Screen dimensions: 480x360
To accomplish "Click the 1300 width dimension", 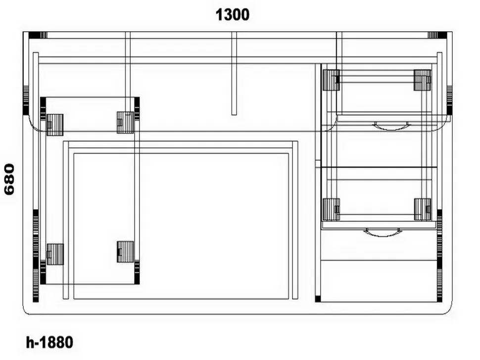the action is pyautogui.click(x=233, y=15).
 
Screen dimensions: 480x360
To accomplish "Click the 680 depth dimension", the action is pyautogui.click(x=9, y=179).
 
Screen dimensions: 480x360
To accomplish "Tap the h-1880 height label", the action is pyautogui.click(x=49, y=343).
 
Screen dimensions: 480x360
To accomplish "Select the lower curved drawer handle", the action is pyautogui.click(x=382, y=233).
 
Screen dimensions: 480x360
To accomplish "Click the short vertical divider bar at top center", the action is pyautogui.click(x=234, y=73).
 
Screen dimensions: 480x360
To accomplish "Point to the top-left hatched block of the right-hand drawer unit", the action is pyautogui.click(x=331, y=80).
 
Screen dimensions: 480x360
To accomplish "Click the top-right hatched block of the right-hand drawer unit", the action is pyautogui.click(x=423, y=80).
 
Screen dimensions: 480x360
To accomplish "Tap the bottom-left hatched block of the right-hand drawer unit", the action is pyautogui.click(x=331, y=209).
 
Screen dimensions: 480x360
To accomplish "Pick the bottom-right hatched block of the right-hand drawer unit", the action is pyautogui.click(x=423, y=209).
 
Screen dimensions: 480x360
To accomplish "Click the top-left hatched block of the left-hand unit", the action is pyautogui.click(x=55, y=125).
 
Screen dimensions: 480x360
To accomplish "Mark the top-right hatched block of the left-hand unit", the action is pyautogui.click(x=126, y=122).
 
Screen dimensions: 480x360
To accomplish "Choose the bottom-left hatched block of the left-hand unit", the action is pyautogui.click(x=55, y=254).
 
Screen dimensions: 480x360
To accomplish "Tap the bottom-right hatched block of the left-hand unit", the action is pyautogui.click(x=126, y=252).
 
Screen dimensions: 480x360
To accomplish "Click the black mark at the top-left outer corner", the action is pyautogui.click(x=34, y=35).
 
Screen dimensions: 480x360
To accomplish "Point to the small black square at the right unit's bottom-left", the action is pyautogui.click(x=318, y=299).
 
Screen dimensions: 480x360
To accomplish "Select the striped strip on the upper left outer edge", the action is pyautogui.click(x=26, y=99).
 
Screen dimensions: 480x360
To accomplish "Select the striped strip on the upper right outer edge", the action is pyautogui.click(x=449, y=99).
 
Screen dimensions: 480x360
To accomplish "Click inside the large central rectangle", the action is pyautogui.click(x=181, y=226).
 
